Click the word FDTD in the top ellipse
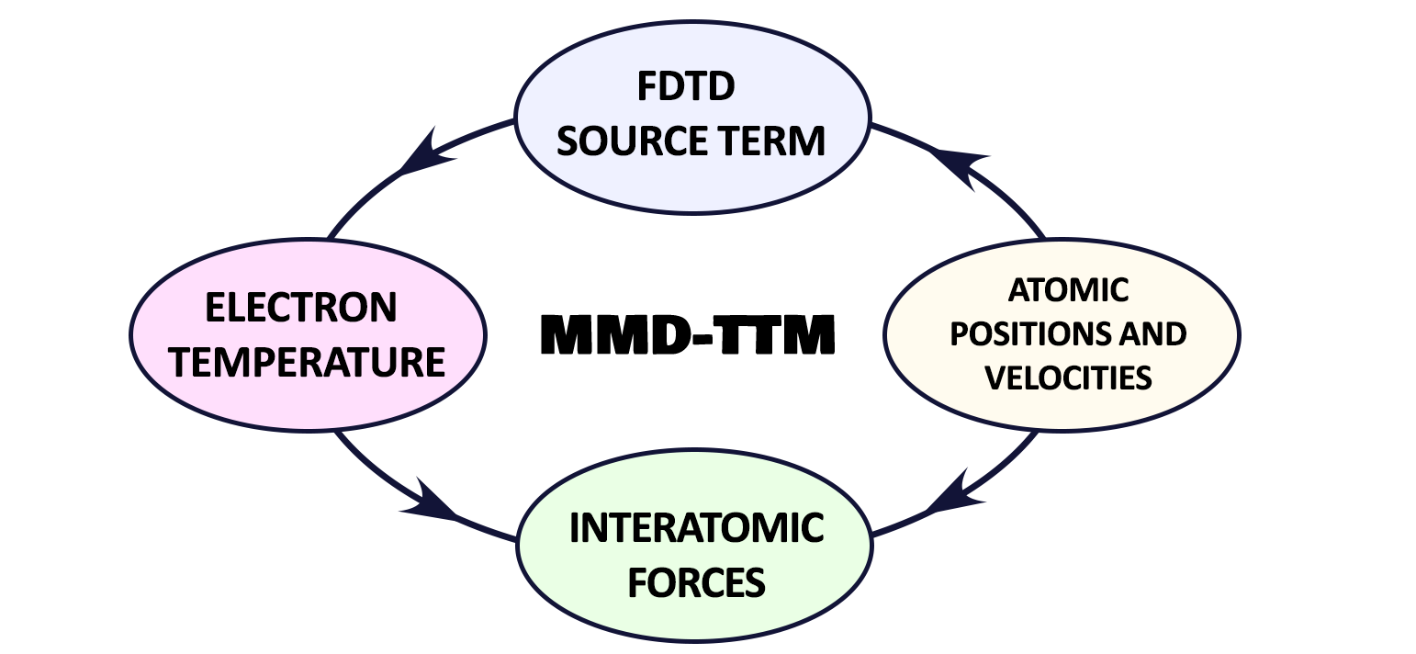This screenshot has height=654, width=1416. (x=685, y=88)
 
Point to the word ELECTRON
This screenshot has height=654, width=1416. (x=301, y=309)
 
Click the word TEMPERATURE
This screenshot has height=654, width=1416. (x=309, y=362)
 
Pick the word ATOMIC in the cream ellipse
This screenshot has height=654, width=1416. (x=1068, y=290)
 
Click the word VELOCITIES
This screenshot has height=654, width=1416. (x=1067, y=378)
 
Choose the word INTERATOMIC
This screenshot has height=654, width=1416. (x=696, y=529)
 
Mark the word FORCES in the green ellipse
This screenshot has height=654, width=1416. (x=696, y=582)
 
